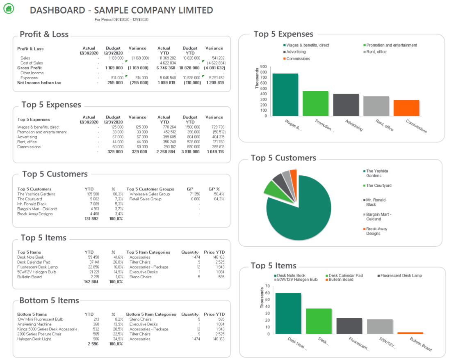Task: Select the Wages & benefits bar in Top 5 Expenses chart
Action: pyautogui.click(x=285, y=94)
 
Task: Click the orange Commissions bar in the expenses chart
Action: pyautogui.click(x=406, y=108)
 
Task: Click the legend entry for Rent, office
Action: pyautogui.click(x=376, y=52)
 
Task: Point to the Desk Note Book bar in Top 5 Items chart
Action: pyautogui.click(x=288, y=313)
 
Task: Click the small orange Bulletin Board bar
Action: pyautogui.click(x=410, y=333)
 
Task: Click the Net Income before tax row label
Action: pyautogui.click(x=39, y=83)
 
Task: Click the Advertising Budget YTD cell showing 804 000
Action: pyautogui.click(x=192, y=137)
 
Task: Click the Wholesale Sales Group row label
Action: pyautogui.click(x=149, y=194)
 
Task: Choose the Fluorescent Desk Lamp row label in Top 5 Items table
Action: pyautogui.click(x=37, y=267)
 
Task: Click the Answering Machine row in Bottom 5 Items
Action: pyautogui.click(x=34, y=324)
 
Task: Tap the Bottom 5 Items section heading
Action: pyautogui.click(x=49, y=300)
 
